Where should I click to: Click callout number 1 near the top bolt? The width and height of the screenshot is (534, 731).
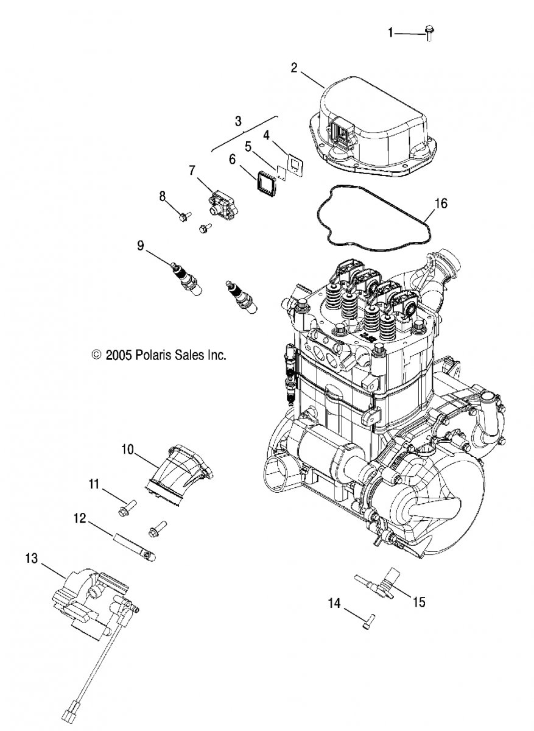click(x=390, y=33)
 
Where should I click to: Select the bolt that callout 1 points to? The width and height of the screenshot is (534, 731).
click(x=429, y=34)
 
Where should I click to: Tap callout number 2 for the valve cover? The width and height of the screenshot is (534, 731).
click(x=294, y=68)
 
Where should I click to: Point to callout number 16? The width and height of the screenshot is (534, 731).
click(x=441, y=203)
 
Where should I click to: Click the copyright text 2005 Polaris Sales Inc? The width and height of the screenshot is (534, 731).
click(x=159, y=355)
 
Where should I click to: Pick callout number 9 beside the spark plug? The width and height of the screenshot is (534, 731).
click(x=140, y=245)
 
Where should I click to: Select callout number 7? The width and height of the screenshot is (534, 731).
click(x=192, y=170)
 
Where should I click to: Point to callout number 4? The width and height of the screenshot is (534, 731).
click(x=267, y=135)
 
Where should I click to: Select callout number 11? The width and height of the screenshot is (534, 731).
click(x=94, y=484)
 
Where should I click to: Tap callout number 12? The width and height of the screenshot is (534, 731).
click(x=80, y=518)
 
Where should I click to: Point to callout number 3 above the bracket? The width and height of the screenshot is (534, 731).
click(x=238, y=121)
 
